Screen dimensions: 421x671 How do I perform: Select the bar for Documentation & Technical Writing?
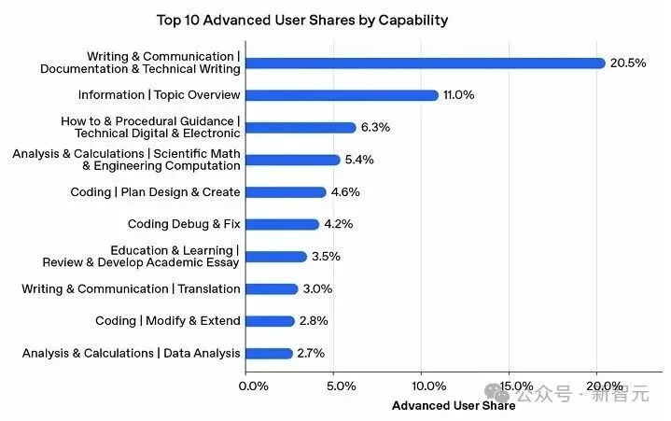click(x=426, y=63)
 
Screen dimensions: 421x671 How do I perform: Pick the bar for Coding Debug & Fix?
click(x=282, y=224)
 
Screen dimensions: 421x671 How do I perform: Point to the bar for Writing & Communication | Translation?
click(x=272, y=288)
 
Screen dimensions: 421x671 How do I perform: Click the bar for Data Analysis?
click(x=269, y=353)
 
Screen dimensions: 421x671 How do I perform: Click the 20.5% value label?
click(x=628, y=63)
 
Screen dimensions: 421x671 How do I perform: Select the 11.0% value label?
click(x=460, y=95)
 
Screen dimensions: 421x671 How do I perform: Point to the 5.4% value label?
click(x=360, y=160)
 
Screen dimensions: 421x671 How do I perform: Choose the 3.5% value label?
click(x=327, y=257)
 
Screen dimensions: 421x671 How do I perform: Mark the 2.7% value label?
click(x=313, y=353)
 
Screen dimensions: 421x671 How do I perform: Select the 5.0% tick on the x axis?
click(x=342, y=386)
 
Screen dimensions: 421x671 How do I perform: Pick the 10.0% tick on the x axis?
click(x=427, y=386)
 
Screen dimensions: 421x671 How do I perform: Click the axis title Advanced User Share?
click(x=453, y=405)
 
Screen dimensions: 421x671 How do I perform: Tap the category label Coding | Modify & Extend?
click(x=168, y=321)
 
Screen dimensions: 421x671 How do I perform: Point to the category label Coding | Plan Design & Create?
click(x=156, y=192)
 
